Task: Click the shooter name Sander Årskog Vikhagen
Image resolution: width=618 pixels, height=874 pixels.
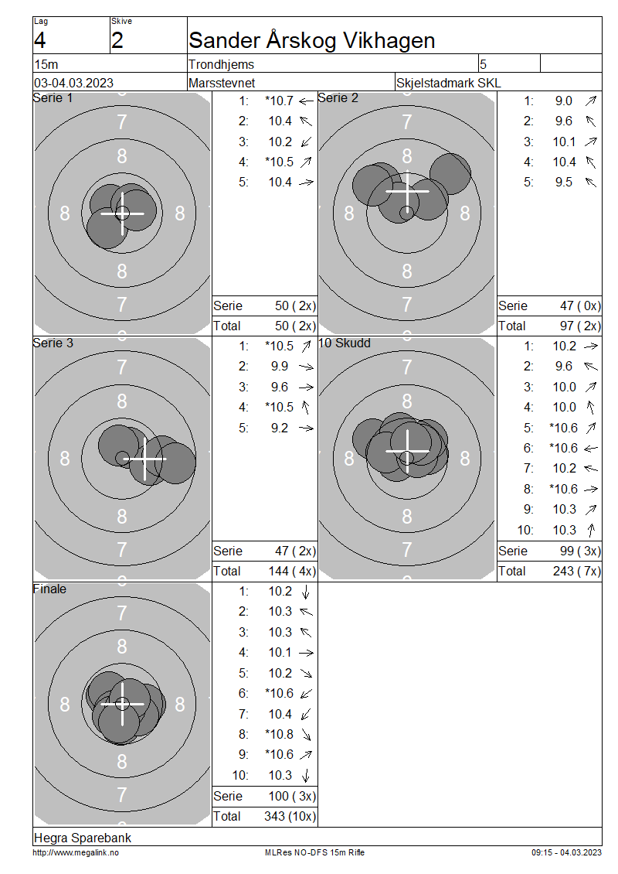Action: (x=312, y=41)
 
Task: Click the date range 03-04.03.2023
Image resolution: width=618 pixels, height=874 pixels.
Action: (x=73, y=83)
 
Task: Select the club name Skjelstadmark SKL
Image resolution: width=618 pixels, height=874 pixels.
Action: (x=448, y=83)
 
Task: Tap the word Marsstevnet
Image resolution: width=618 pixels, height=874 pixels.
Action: (x=222, y=83)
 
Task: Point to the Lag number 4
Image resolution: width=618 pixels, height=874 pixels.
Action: (x=39, y=41)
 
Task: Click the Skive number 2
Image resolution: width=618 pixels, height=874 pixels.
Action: (x=117, y=41)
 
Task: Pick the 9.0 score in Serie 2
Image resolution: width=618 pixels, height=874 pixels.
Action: (x=563, y=101)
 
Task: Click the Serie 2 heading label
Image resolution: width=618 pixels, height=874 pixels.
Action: (x=338, y=98)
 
